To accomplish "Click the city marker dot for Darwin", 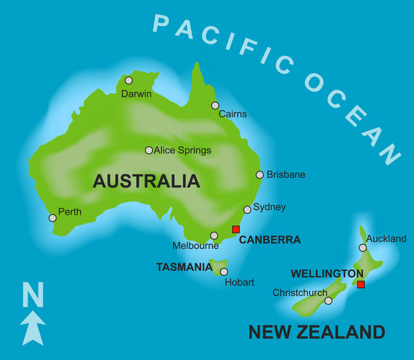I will (128, 81).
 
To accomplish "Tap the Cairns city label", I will (233, 114).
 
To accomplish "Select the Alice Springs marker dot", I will (148, 150).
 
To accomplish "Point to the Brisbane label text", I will (286, 175).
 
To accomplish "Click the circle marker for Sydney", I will (247, 210).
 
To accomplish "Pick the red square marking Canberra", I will (235, 229).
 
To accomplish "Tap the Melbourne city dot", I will (214, 235).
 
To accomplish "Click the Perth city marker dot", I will (52, 218).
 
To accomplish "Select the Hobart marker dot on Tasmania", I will (224, 272).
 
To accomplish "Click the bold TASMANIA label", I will (184, 267).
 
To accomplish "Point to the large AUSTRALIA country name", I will (146, 181).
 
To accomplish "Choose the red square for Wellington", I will (360, 284).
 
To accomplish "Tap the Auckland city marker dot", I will (362, 248).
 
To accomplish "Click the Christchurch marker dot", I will (328, 301).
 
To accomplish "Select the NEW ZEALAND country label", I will (316, 332).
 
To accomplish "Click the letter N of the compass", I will (32, 294).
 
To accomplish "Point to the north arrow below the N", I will (33, 327).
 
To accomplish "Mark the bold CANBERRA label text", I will (270, 240).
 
